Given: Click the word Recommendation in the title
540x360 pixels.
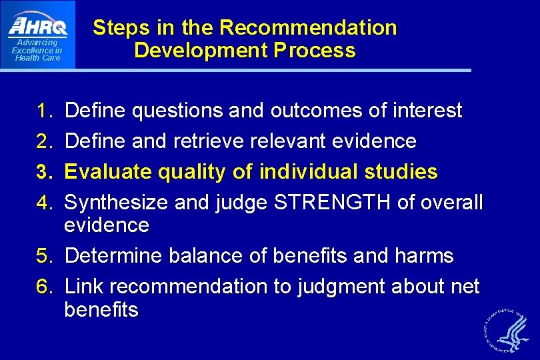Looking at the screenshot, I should [308, 28].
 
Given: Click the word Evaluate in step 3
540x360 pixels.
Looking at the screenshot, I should [108, 172].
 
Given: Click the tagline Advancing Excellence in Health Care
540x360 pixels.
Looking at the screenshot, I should [38, 50].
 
